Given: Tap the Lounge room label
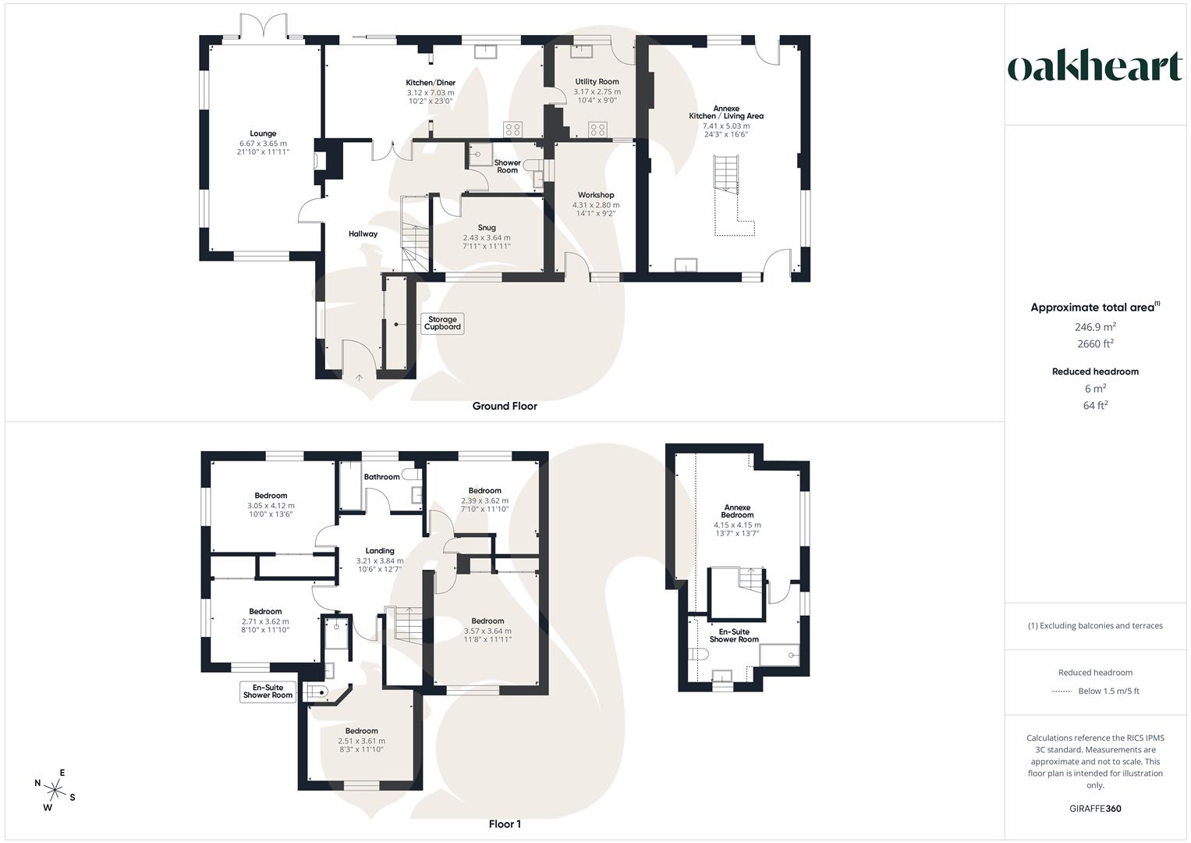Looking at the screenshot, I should pyautogui.click(x=263, y=133).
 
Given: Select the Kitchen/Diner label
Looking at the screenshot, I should pyautogui.click(x=431, y=83).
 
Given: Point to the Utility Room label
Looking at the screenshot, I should pyautogui.click(x=597, y=81).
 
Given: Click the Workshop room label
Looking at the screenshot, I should pyautogui.click(x=596, y=195).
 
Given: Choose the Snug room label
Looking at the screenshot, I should pyautogui.click(x=487, y=228).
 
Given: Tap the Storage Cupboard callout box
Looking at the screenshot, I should pyautogui.click(x=442, y=323).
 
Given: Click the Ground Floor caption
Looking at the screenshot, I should pyautogui.click(x=505, y=406).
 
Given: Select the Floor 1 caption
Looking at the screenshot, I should pyautogui.click(x=505, y=824).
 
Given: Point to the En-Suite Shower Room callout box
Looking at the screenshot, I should pyautogui.click(x=268, y=692).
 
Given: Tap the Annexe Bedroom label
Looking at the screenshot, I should pyautogui.click(x=737, y=510).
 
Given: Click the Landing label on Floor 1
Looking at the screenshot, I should pyautogui.click(x=380, y=550).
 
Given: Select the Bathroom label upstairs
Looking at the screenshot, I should pyautogui.click(x=381, y=477).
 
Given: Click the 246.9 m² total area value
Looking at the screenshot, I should pyautogui.click(x=1095, y=327).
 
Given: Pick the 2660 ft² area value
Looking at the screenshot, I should pyautogui.click(x=1095, y=343).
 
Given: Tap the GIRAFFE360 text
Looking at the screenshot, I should pyautogui.click(x=1096, y=809).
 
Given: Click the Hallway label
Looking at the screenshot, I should pyautogui.click(x=363, y=233).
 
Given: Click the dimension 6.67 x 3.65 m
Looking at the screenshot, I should pyautogui.click(x=263, y=143).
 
